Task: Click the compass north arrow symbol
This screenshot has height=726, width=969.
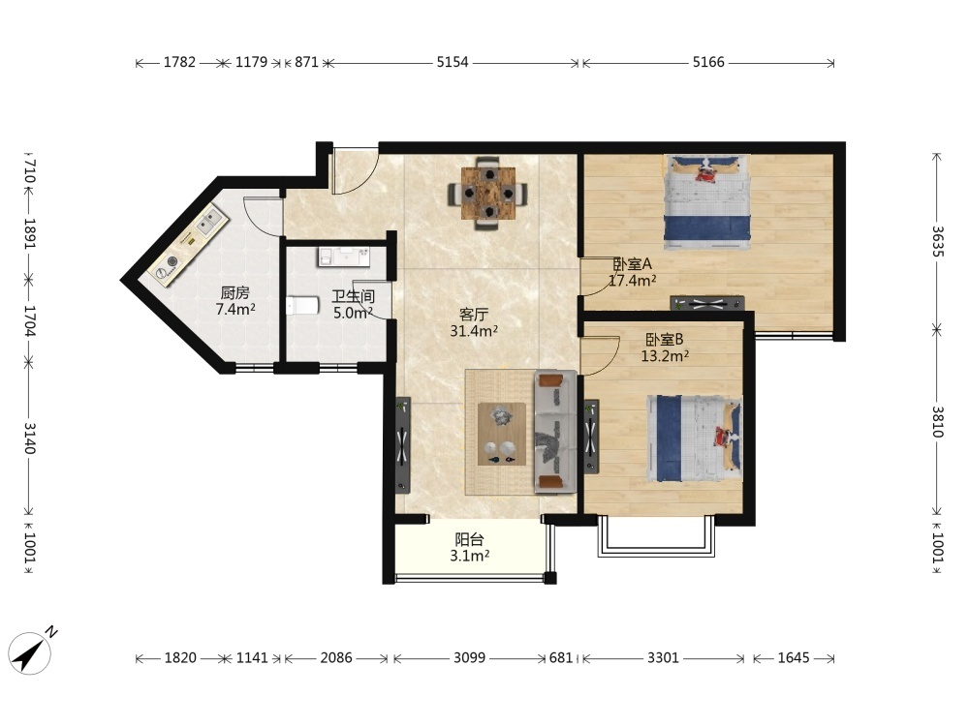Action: click(31, 651)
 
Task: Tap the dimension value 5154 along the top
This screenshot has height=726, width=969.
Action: click(453, 62)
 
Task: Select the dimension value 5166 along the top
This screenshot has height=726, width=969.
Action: click(708, 62)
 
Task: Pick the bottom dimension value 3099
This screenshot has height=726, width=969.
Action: click(470, 657)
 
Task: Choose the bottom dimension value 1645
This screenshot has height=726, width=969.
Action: click(794, 657)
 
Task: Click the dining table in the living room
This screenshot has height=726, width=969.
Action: click(488, 194)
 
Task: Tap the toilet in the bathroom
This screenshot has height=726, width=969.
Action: click(302, 305)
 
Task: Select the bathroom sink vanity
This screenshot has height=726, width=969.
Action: click(344, 257)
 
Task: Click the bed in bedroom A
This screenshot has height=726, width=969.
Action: click(707, 201)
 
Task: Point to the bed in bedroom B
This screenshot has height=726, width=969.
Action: click(695, 439)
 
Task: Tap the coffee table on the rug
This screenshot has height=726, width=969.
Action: click(502, 434)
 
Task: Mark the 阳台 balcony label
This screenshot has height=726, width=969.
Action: click(469, 539)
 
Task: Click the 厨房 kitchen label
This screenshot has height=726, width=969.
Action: click(234, 292)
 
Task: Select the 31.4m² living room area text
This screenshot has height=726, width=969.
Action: click(474, 331)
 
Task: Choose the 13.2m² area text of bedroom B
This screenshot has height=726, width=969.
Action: click(665, 356)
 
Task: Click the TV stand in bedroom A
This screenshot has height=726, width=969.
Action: click(707, 303)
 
